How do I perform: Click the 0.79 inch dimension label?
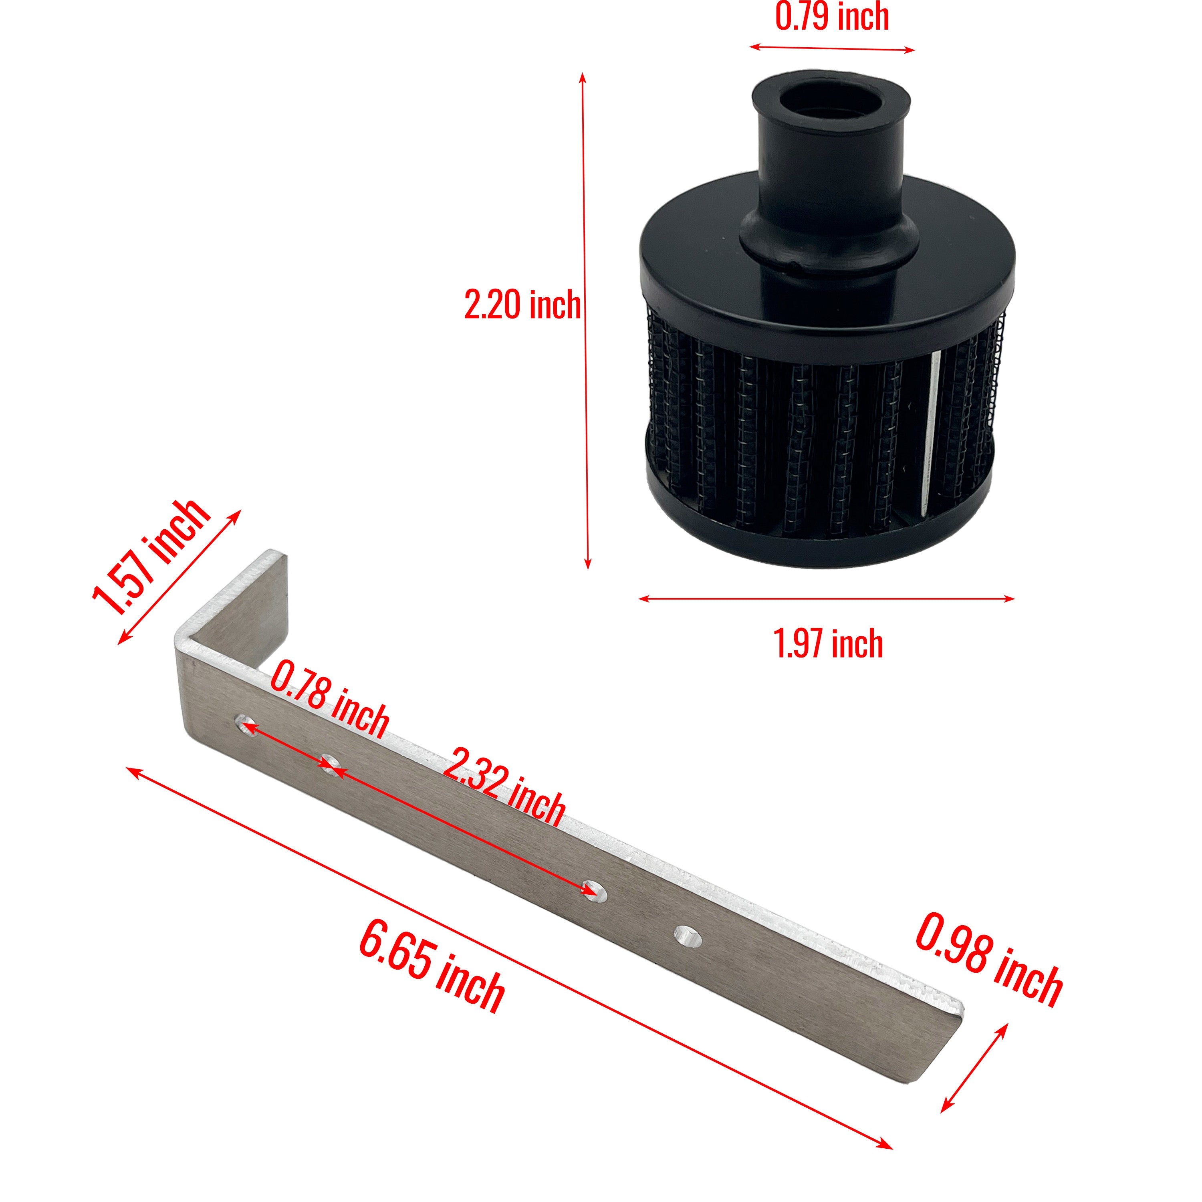point(832,17)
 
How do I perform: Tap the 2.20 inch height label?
point(522,305)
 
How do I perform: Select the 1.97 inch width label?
point(829,644)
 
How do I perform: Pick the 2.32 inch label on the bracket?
point(504,787)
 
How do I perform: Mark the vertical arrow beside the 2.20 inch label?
point(585,321)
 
